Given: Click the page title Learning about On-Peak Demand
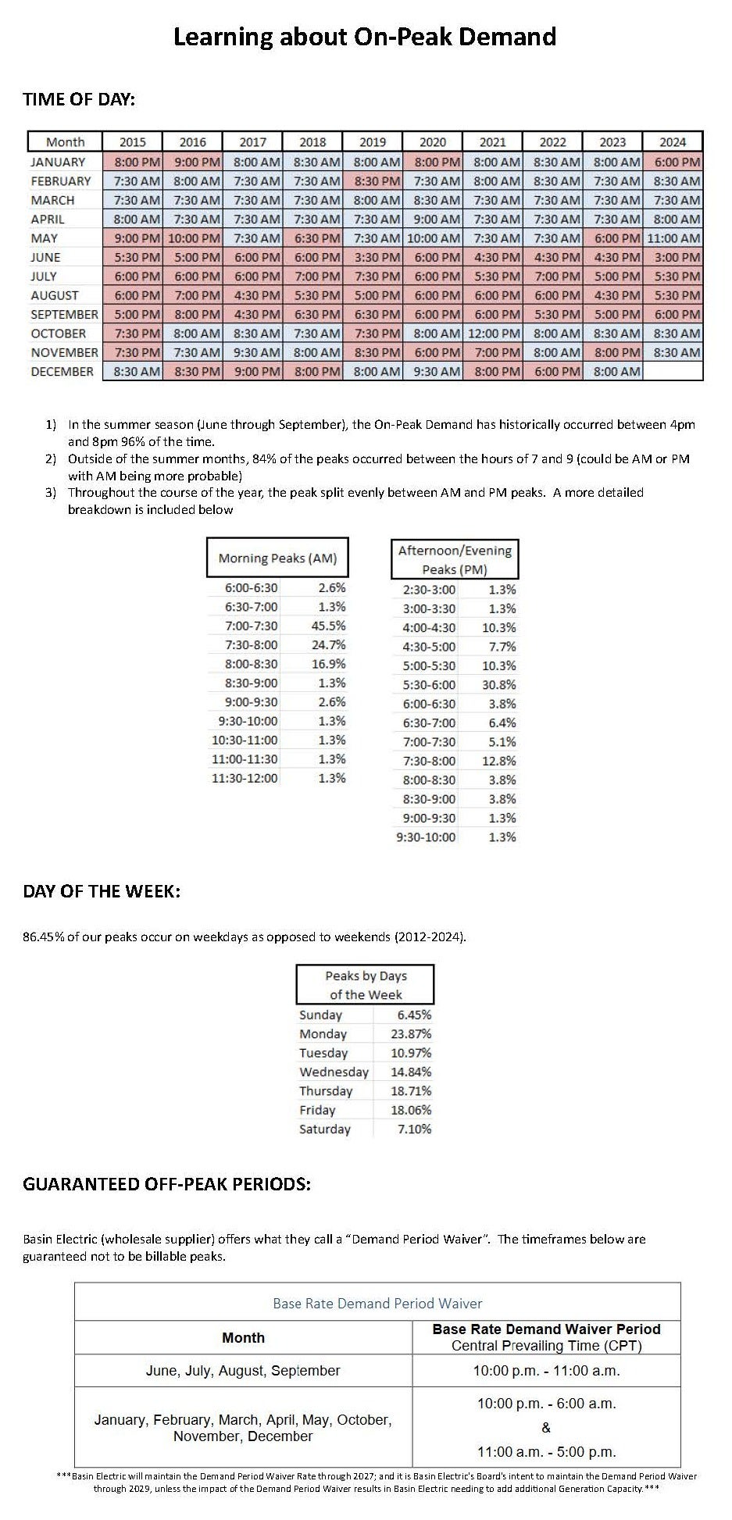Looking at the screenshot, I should pyautogui.click(x=364, y=37).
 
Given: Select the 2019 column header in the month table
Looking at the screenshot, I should pyautogui.click(x=373, y=142).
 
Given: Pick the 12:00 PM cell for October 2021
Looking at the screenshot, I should pyautogui.click(x=492, y=334).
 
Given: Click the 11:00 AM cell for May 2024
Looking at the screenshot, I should pyautogui.click(x=673, y=238).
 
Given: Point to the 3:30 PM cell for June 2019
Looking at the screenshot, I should pyautogui.click(x=373, y=257).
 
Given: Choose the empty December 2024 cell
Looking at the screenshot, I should pyautogui.click(x=673, y=372).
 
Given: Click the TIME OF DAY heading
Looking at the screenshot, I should pyautogui.click(x=79, y=99).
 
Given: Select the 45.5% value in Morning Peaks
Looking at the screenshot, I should pyautogui.click(x=331, y=626).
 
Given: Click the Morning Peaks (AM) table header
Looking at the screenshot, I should pyautogui.click(x=277, y=558).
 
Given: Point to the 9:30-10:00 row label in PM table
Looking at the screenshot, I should pyautogui.click(x=427, y=837).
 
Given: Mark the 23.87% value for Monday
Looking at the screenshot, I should pyautogui.click(x=411, y=1034).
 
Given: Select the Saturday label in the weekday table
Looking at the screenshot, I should pyautogui.click(x=325, y=1129).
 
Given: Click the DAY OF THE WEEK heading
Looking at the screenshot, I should pyautogui.click(x=102, y=891).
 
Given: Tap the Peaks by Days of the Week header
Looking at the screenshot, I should pyautogui.click(x=365, y=985).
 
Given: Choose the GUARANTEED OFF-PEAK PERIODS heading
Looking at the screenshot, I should pyautogui.click(x=166, y=1184).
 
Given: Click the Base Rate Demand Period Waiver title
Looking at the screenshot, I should pyautogui.click(x=377, y=1304).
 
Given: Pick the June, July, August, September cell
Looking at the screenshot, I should pyautogui.click(x=243, y=1371).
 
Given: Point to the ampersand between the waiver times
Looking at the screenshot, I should pyautogui.click(x=546, y=1428).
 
